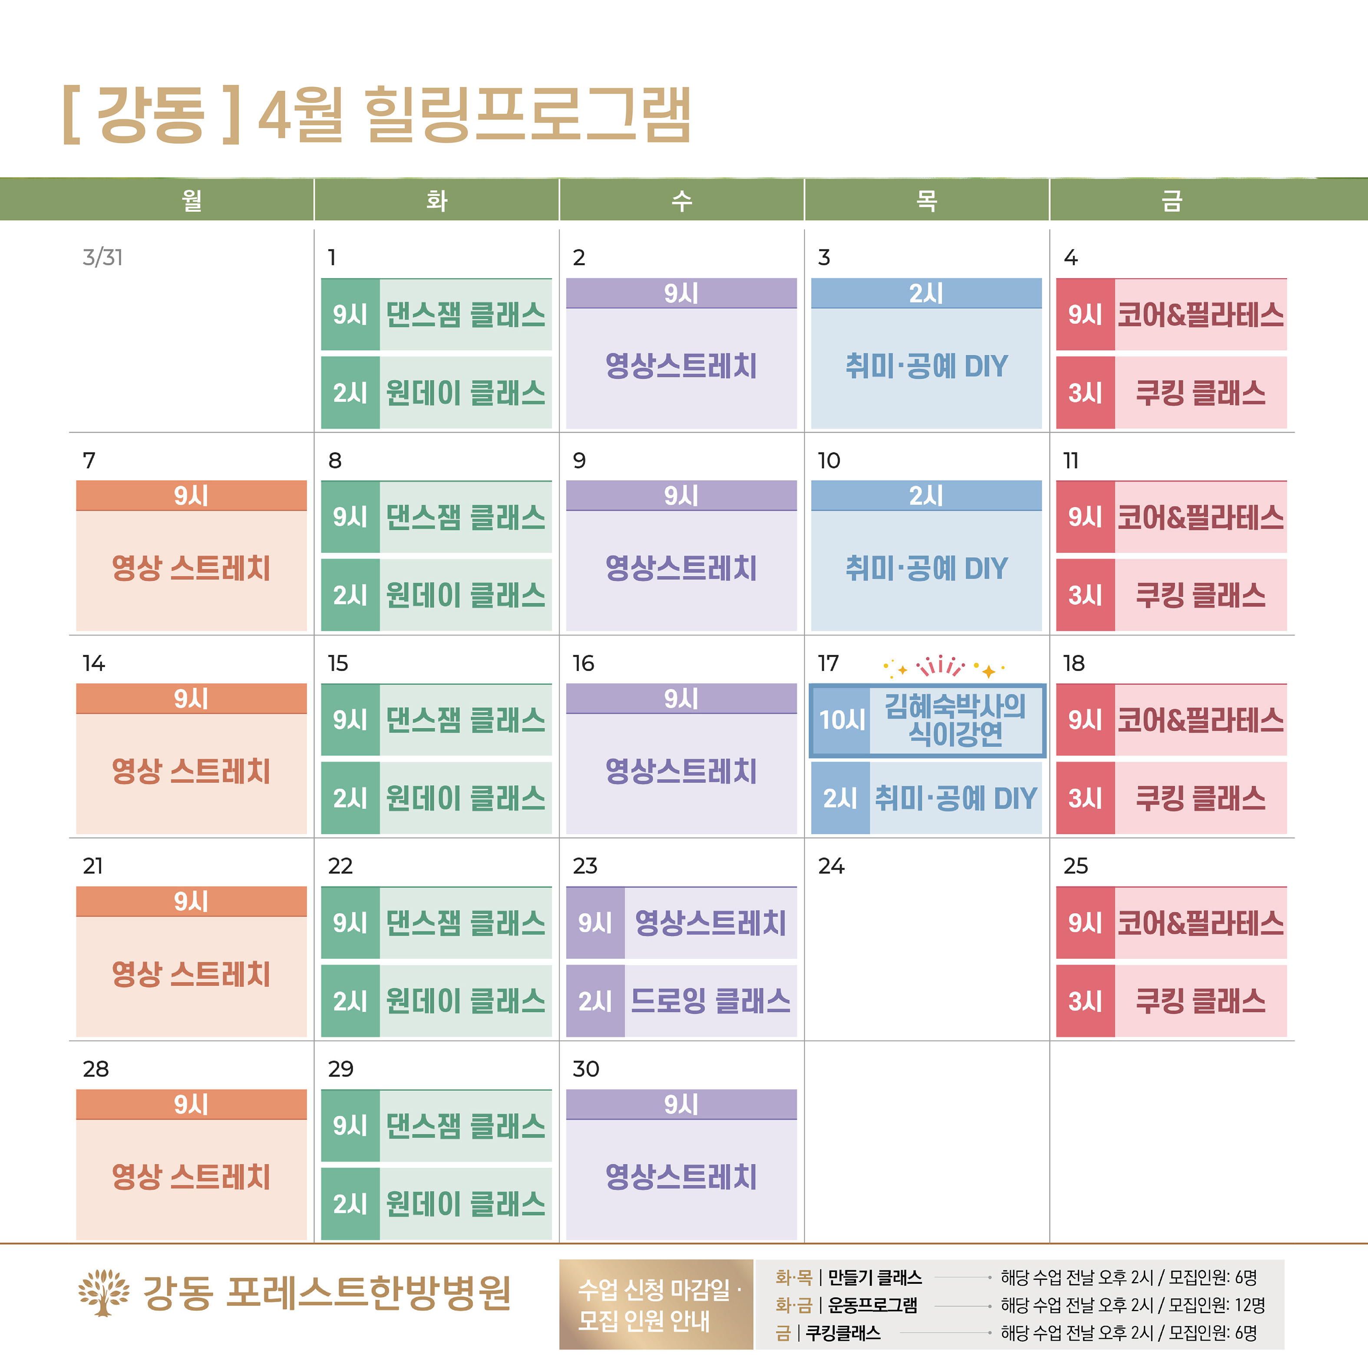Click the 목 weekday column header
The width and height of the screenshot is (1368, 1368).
point(926,200)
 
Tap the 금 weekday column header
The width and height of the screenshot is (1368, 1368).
point(1172,200)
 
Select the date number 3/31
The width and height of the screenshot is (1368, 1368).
point(102,257)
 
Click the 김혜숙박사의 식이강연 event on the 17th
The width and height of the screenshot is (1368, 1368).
point(955,720)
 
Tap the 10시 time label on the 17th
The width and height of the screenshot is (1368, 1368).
point(841,720)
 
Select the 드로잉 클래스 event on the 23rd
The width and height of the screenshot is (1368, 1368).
point(710,1001)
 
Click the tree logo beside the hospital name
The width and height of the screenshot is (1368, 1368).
point(103,1293)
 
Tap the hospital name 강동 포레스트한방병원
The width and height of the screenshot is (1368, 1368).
point(327,1293)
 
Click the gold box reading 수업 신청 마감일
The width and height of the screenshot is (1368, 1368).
point(656,1304)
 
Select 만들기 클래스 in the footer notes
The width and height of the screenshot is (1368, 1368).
point(875,1277)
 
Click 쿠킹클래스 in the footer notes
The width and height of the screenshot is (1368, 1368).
point(843,1332)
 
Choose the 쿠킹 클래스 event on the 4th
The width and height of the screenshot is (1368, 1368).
point(1200,393)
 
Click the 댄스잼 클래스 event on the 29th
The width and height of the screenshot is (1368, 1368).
point(465,1126)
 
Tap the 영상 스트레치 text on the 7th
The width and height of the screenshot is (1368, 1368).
point(191,568)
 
